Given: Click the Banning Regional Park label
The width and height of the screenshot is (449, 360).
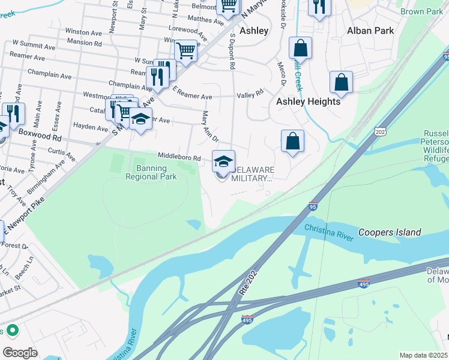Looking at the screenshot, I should click(151, 172).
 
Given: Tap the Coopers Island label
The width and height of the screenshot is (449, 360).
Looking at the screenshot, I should click(390, 232).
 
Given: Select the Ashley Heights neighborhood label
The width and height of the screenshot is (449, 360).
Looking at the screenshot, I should click(308, 101).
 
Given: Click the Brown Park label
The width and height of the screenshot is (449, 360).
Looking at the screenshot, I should click(421, 11).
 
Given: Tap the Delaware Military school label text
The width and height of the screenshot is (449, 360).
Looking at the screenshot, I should click(252, 173).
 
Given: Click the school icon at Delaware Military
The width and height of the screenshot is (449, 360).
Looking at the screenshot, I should click(223, 161).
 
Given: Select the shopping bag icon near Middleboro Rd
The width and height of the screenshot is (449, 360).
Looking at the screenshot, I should click(292, 142).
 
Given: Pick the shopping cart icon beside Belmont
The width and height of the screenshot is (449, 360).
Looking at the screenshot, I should click(228, 6).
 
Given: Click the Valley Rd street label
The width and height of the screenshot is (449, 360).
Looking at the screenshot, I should click(250, 94).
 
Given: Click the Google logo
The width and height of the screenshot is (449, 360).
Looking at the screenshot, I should click(20, 352).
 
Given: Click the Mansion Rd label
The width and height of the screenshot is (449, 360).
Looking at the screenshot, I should click(85, 43).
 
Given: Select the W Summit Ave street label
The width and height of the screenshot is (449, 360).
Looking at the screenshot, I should click(34, 45).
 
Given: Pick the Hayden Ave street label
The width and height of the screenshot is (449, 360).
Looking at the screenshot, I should click(90, 127).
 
